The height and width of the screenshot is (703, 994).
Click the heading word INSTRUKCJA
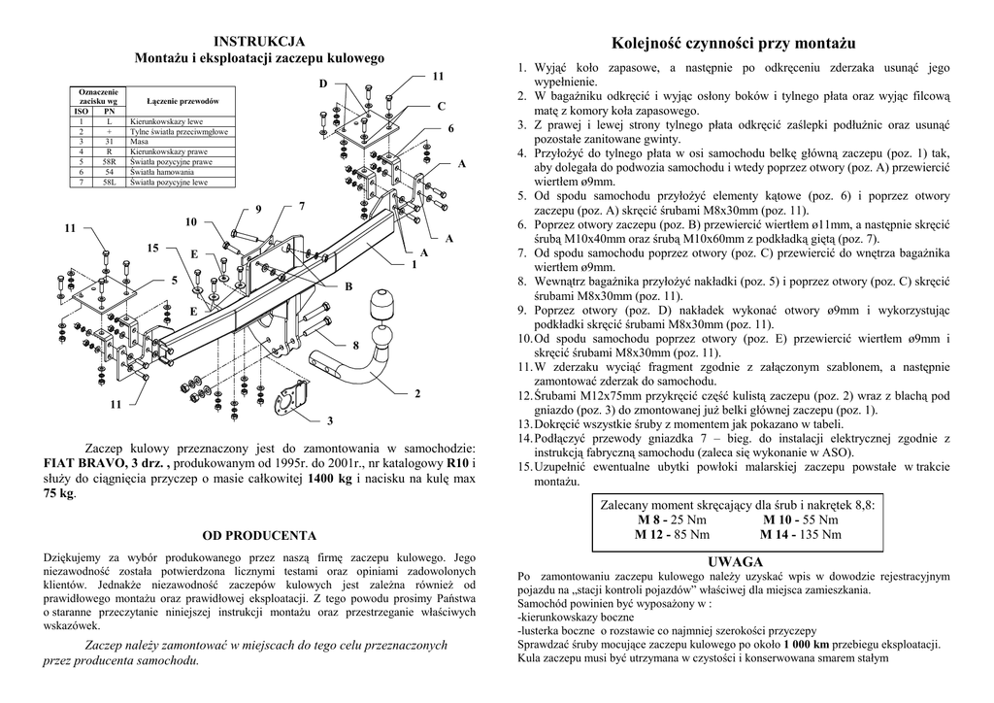tap(259, 41)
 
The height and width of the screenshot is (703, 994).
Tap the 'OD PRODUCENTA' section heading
tap(258, 535)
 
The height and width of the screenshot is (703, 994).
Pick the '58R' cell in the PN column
tap(109, 161)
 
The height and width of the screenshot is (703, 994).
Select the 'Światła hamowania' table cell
tap(163, 172)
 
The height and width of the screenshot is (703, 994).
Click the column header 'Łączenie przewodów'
tap(182, 102)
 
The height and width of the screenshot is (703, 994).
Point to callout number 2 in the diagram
tap(416, 393)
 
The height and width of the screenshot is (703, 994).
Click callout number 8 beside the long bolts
tap(355, 346)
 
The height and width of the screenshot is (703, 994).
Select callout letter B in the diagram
tap(348, 287)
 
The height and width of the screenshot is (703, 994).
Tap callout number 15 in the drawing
tap(152, 250)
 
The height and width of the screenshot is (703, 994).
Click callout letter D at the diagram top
tap(323, 84)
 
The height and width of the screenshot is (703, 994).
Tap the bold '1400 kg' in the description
tap(328, 479)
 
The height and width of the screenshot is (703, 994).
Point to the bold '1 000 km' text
tap(806, 644)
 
